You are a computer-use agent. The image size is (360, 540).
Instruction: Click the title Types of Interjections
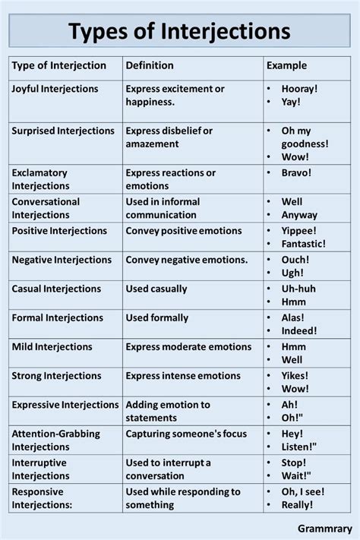tap(179, 31)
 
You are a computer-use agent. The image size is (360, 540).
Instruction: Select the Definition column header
tap(150, 65)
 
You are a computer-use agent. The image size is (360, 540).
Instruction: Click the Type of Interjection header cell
tap(59, 65)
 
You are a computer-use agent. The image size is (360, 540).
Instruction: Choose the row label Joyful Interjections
tap(55, 89)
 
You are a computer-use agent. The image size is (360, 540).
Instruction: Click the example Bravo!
tap(296, 172)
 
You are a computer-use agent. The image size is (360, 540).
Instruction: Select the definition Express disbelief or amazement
tap(169, 137)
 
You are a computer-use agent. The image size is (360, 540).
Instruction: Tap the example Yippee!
tap(299, 230)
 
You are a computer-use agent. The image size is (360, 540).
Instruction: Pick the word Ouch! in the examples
tap(295, 260)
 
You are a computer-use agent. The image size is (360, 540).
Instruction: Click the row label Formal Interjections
tap(57, 317)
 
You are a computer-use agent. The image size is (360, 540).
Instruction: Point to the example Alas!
tap(293, 317)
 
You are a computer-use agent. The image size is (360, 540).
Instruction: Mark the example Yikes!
tap(295, 375)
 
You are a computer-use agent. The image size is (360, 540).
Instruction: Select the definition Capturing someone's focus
tap(186, 434)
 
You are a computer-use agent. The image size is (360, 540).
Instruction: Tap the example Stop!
tap(294, 463)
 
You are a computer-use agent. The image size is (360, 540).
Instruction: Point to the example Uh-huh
tap(298, 289)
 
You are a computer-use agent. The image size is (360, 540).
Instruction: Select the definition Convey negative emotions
tap(187, 260)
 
